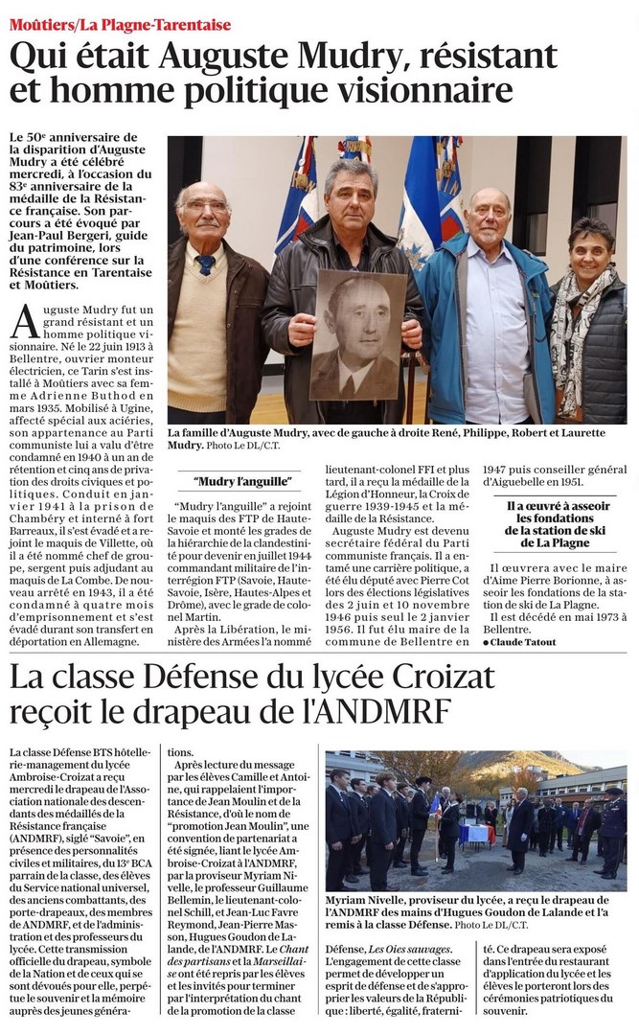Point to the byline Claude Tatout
[527, 641]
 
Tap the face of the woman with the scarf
[589, 254]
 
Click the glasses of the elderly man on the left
[203, 206]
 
